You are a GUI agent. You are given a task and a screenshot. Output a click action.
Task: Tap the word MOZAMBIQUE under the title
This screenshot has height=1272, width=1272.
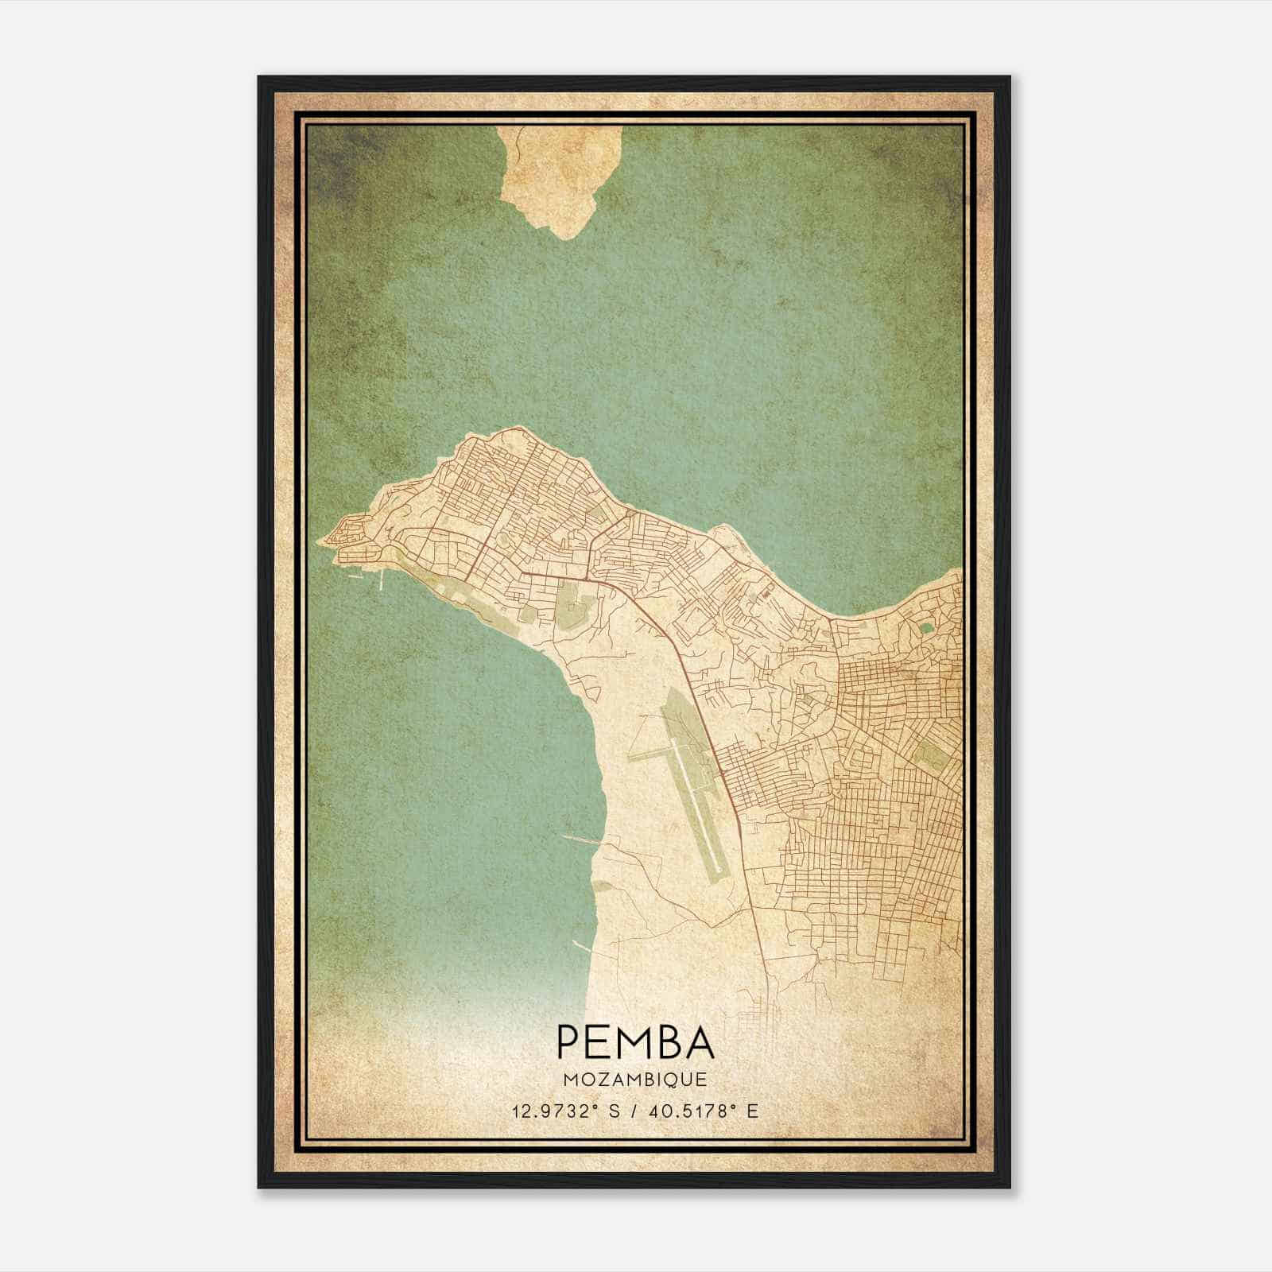635,1080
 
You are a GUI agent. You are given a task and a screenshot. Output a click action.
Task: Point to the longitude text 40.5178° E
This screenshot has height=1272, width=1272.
704,1111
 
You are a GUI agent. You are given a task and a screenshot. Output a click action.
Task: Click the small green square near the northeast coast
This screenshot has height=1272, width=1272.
926,628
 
